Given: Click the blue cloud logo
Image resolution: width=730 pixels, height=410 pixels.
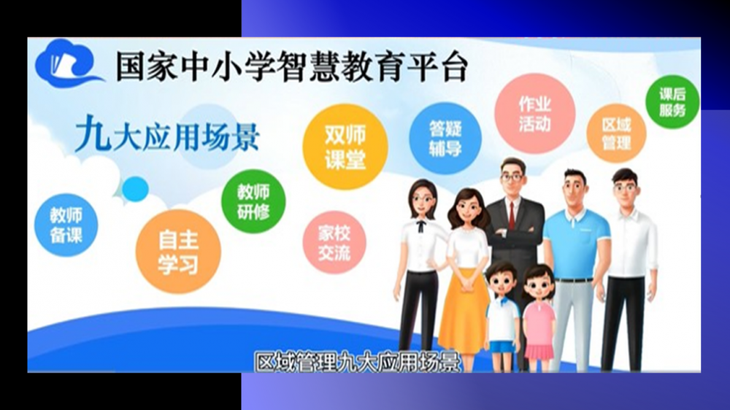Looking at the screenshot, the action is tap(67, 64).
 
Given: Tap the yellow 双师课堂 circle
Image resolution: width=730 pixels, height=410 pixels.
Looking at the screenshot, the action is tap(345, 147).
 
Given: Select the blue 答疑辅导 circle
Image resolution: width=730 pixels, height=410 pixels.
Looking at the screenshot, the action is tap(445, 138).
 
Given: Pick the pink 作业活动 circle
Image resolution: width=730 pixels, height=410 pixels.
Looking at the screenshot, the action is tap(535, 114).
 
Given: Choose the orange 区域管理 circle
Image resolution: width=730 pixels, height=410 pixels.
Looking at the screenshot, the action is tap(616, 133).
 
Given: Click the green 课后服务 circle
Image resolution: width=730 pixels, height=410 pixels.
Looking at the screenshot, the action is tap(672, 102).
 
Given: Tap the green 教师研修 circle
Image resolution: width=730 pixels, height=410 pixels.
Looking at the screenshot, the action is tap(253, 201).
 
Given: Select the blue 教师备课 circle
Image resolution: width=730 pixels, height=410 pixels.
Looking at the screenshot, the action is tap(66, 225).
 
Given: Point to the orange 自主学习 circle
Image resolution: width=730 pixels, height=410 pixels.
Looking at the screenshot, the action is tap(178, 252).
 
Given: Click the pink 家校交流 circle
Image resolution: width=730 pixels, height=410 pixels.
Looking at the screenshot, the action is tap(334, 242).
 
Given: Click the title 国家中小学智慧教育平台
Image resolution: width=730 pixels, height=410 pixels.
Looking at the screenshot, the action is tap(291, 67).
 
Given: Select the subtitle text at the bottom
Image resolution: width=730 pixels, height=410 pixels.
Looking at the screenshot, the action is tap(358, 363).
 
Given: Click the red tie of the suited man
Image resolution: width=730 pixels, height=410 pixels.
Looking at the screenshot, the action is tap(512, 215).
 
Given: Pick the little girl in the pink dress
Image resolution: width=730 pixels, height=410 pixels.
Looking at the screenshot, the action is tap(539, 317).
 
